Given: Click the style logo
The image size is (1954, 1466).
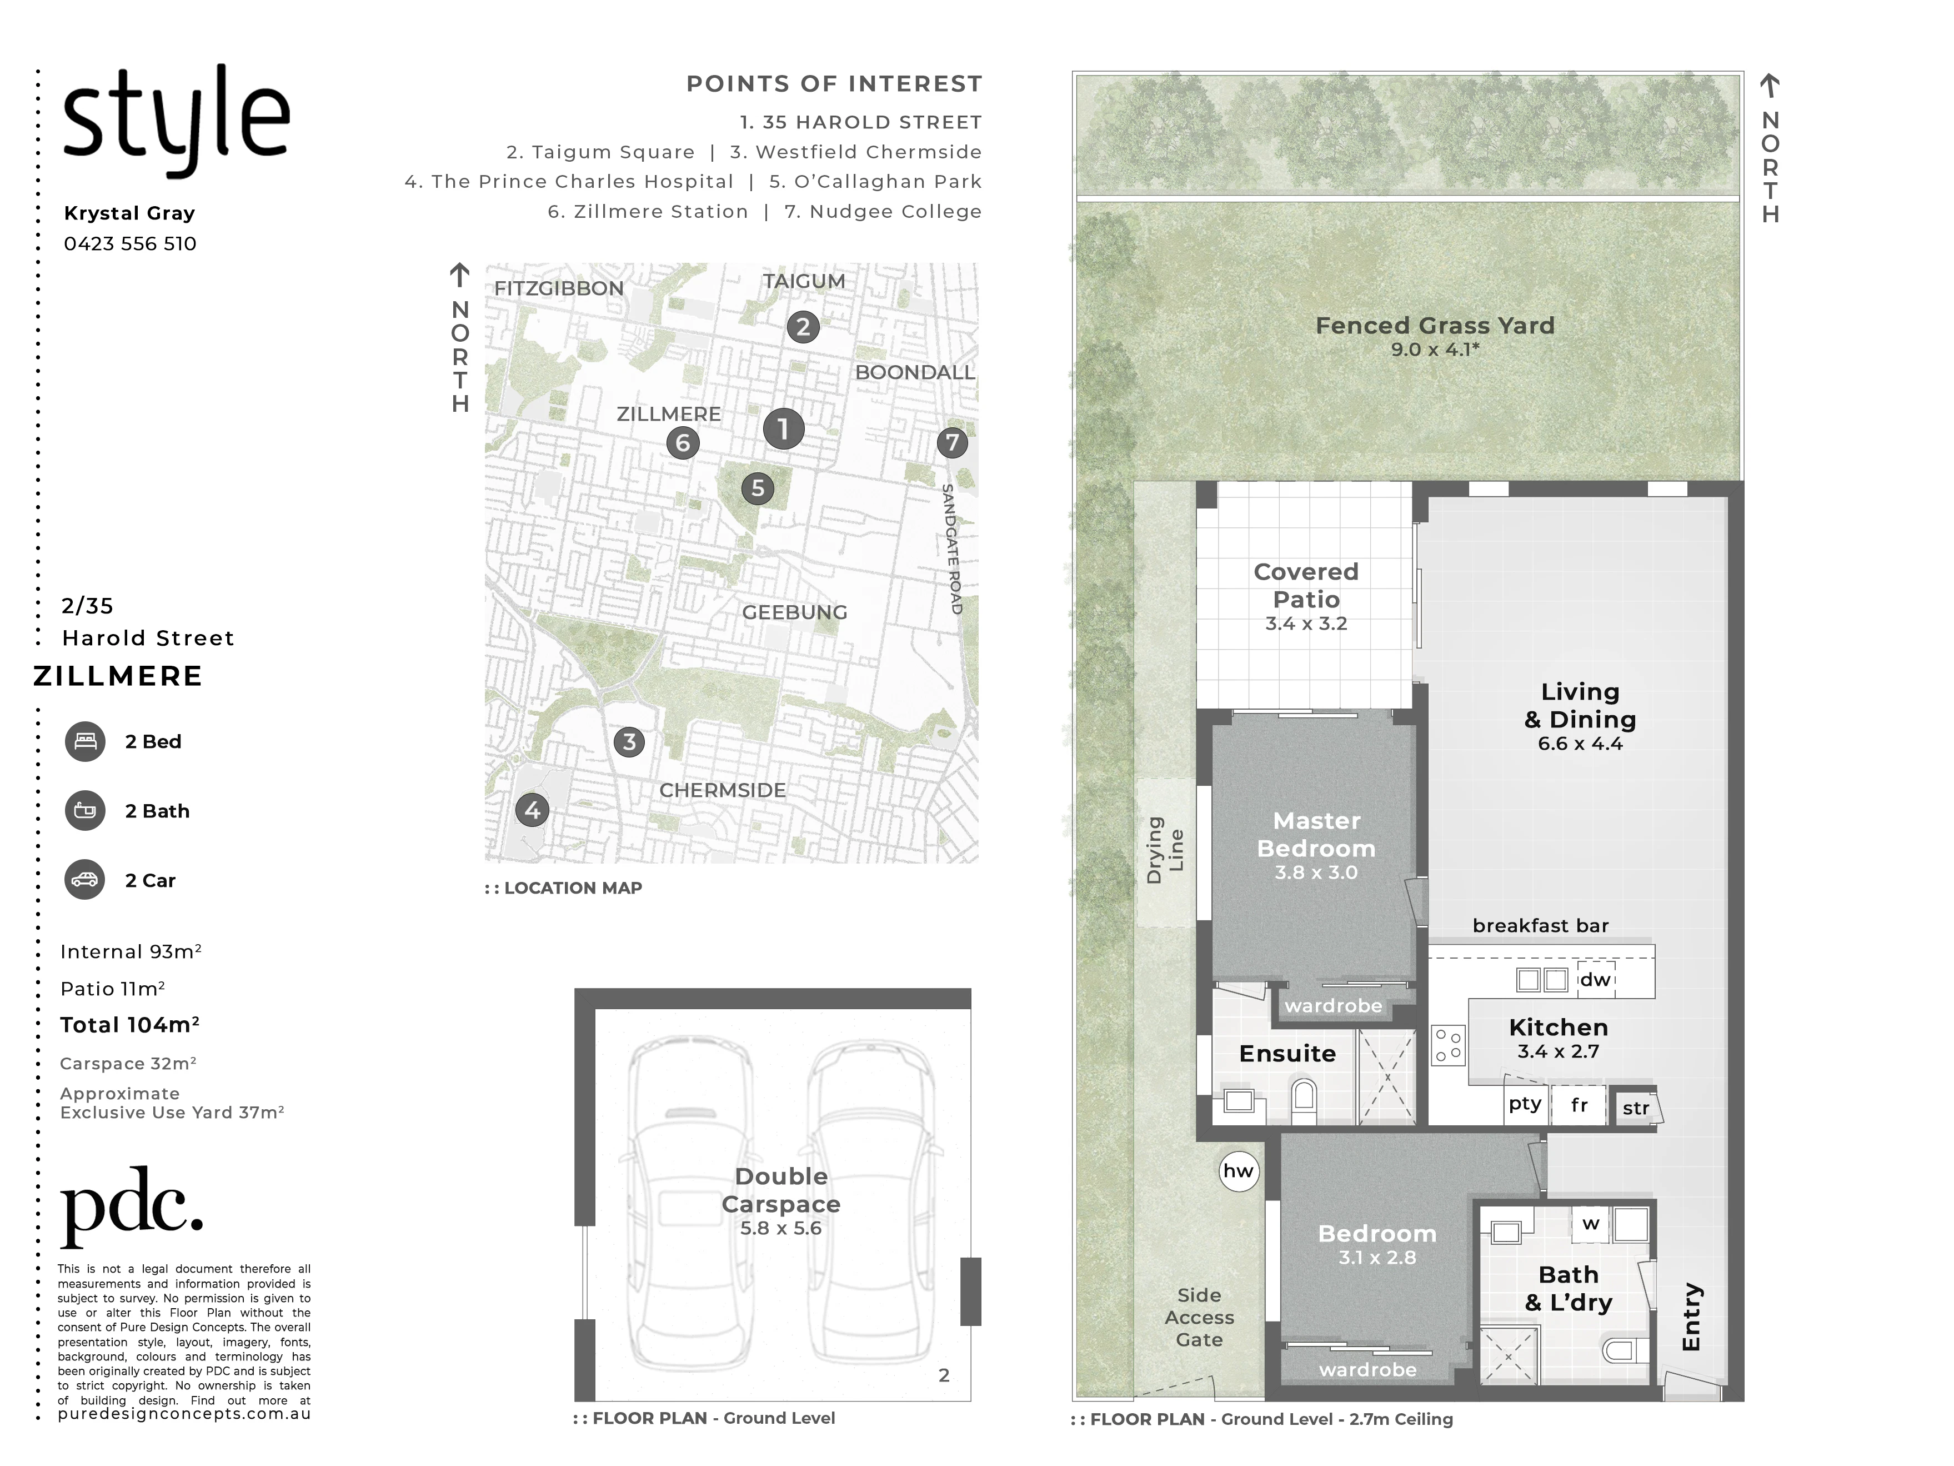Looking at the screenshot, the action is tap(176, 119).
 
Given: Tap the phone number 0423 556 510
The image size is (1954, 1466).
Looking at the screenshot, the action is tap(130, 244).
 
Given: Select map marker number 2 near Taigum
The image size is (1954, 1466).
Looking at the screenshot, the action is tap(803, 327).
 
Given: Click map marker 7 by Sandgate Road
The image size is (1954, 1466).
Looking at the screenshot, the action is tap(951, 442).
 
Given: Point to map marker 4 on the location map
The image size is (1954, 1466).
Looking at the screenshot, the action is tap(532, 810).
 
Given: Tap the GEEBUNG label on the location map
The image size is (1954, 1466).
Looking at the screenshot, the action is tap(794, 612).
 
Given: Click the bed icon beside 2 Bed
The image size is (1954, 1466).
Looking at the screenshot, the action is tap(85, 741).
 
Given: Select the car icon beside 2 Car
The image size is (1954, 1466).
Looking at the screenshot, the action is tap(85, 880).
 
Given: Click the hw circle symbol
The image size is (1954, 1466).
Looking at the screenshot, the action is tap(1239, 1171).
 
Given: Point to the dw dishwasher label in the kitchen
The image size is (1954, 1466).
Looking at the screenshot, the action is tap(1595, 979).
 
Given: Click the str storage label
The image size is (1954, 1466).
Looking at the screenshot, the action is tap(1636, 1108).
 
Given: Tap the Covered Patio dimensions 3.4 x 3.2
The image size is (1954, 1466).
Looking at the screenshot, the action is tap(1306, 624).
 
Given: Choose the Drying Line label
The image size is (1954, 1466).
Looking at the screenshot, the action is tap(1165, 850).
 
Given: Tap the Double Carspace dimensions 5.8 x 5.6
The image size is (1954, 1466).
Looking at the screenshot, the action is tap(781, 1228).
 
